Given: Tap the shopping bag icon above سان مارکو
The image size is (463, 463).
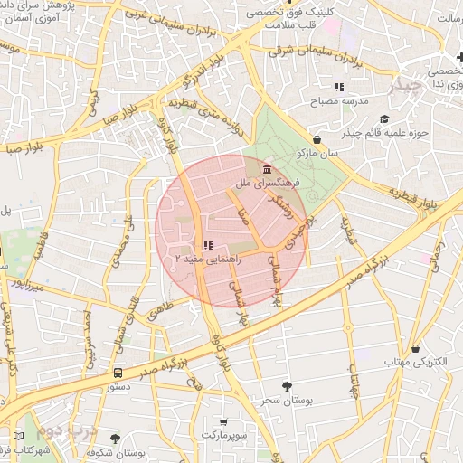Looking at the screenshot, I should (x=317, y=139).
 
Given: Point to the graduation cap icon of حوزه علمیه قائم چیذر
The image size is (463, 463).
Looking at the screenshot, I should (x=384, y=119).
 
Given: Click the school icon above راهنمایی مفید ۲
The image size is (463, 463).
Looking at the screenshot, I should (x=209, y=245).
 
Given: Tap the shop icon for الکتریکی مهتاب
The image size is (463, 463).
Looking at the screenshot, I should (x=415, y=348).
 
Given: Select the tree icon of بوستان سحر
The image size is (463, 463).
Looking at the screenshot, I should (x=288, y=385).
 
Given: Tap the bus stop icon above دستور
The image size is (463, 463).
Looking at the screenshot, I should (x=118, y=372).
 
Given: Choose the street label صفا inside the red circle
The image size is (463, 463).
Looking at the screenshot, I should (x=242, y=218).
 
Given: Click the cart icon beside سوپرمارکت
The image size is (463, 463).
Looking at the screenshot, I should (x=222, y=421).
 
